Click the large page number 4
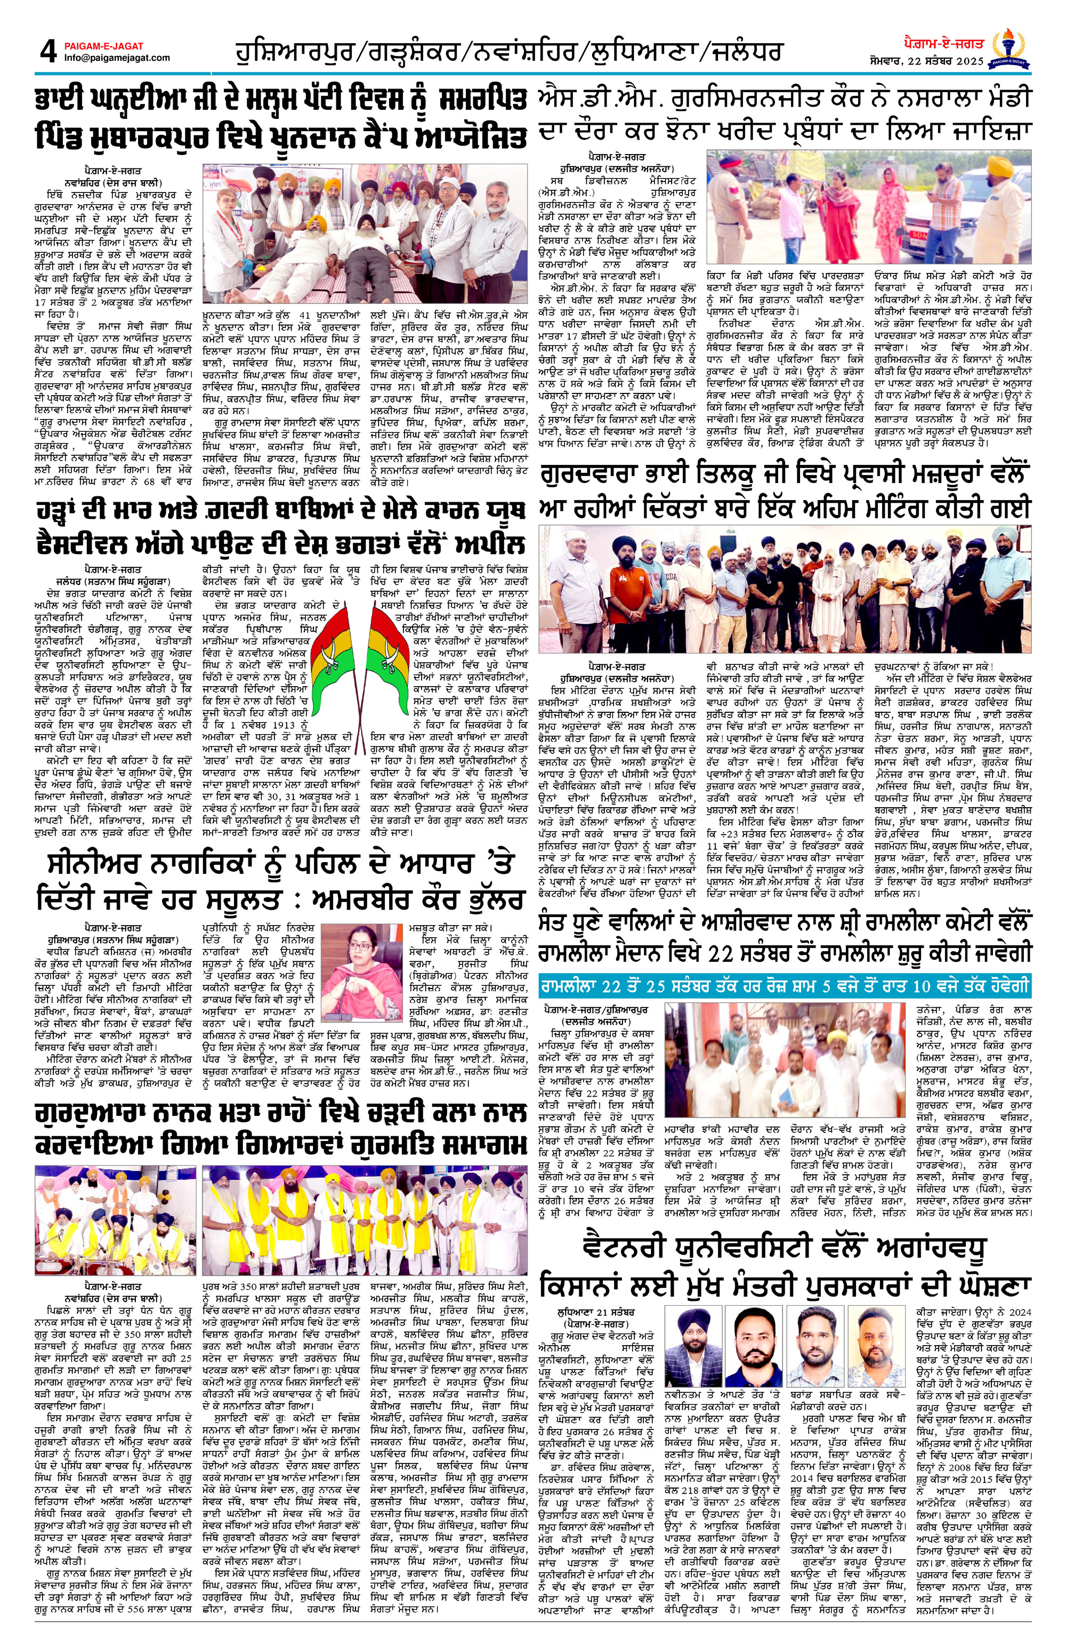click(47, 51)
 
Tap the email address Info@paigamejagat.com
click(117, 58)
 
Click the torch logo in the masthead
click(1011, 49)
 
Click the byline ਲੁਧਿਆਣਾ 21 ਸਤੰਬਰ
click(596, 1312)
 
